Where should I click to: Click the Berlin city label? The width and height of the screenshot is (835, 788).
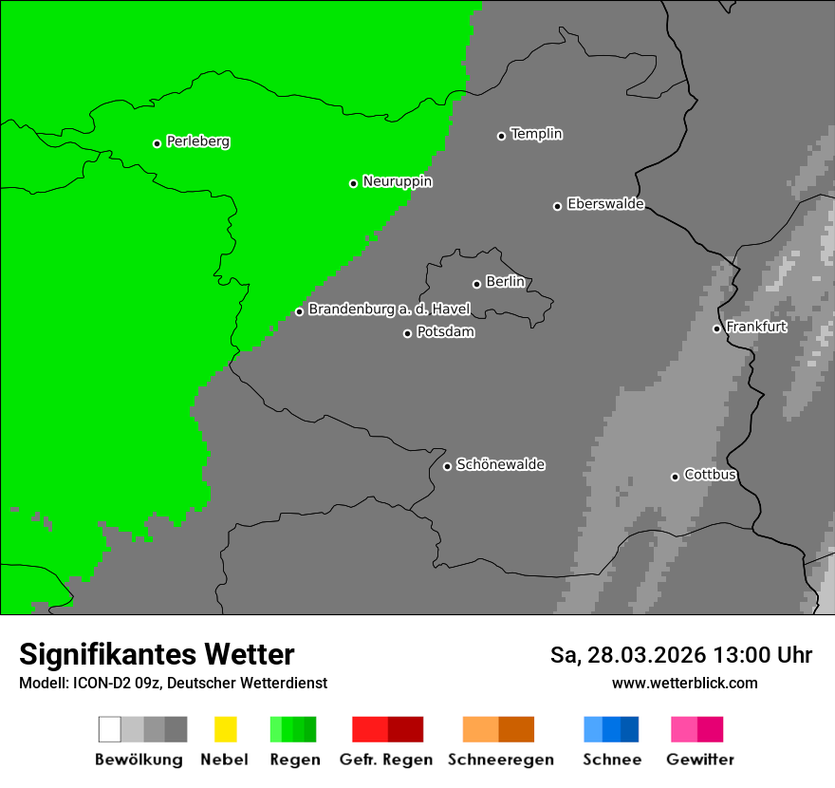505,282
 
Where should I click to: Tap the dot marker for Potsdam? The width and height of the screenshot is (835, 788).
408,333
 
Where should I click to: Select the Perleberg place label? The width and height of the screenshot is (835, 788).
197,141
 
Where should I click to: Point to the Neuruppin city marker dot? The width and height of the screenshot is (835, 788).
354,183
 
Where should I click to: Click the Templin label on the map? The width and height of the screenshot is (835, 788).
536,134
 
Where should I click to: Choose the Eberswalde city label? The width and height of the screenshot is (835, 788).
605,204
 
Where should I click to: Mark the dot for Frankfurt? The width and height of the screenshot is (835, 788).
717,328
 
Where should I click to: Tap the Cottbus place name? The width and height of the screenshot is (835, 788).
710,475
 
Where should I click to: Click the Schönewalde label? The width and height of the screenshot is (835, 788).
500,464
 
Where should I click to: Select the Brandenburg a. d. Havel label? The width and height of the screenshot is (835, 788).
389,310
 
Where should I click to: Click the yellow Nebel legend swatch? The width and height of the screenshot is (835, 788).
225,729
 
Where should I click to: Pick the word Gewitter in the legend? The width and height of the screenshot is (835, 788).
700,760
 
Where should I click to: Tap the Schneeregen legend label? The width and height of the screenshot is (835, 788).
500,760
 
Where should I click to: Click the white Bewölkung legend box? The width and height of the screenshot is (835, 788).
110,729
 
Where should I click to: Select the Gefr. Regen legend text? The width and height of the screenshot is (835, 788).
385,760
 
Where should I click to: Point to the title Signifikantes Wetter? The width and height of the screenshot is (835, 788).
157,654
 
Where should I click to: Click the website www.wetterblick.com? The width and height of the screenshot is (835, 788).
684,683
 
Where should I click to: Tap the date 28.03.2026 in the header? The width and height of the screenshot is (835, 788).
647,655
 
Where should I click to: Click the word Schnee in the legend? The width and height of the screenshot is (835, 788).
611,760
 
